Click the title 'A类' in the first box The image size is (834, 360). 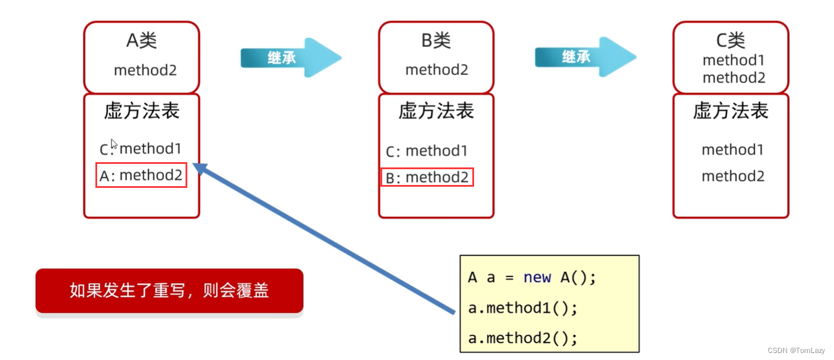click(x=142, y=40)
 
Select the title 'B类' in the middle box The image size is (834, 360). click(x=436, y=40)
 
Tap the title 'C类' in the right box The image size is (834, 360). click(x=730, y=40)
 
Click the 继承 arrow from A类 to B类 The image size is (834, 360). click(x=291, y=58)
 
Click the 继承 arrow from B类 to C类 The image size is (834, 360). click(x=586, y=57)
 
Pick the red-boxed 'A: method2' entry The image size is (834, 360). click(x=141, y=175)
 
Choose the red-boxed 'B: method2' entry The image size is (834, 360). click(x=427, y=177)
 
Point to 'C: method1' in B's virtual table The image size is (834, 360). click(x=426, y=151)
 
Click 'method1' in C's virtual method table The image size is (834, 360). click(x=733, y=150)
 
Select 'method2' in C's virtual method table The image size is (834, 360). click(x=733, y=176)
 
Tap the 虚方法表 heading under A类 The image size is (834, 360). click(x=142, y=111)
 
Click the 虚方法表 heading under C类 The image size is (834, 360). click(x=730, y=111)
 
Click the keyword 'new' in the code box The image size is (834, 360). click(x=537, y=277)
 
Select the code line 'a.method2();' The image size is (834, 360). click(x=523, y=338)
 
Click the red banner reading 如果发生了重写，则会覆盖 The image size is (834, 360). click(x=169, y=291)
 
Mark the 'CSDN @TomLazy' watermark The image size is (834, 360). click(x=796, y=351)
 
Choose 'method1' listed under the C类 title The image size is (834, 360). click(x=733, y=60)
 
